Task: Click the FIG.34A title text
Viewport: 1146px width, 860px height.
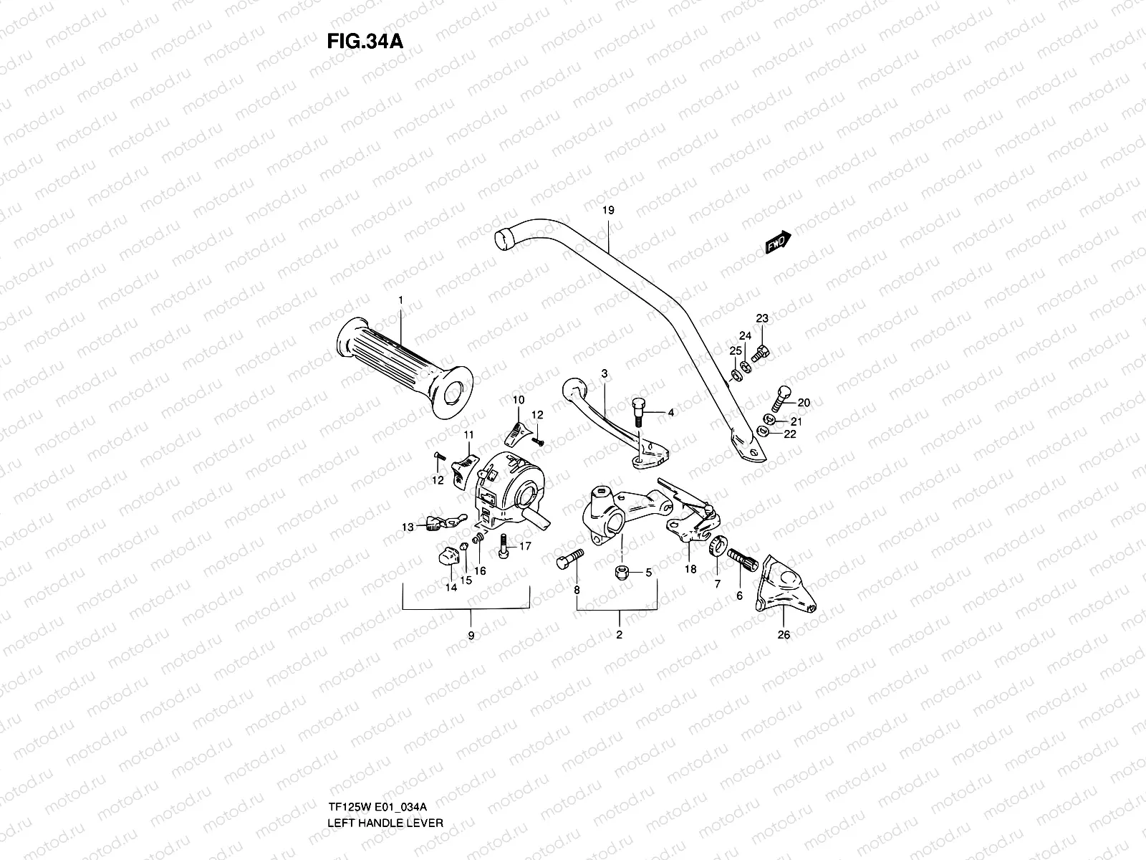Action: click(365, 40)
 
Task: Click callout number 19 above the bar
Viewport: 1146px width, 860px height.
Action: click(608, 211)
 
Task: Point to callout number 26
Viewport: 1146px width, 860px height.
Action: click(784, 634)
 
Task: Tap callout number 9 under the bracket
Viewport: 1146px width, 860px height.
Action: click(471, 634)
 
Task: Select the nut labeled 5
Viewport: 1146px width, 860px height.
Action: click(620, 573)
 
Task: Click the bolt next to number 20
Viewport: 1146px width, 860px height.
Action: click(781, 394)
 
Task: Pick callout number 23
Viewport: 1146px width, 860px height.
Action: click(761, 319)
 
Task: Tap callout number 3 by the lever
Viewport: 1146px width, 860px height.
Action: click(604, 373)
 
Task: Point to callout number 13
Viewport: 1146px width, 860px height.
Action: click(407, 527)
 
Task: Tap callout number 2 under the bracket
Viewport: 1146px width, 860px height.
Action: click(619, 634)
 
